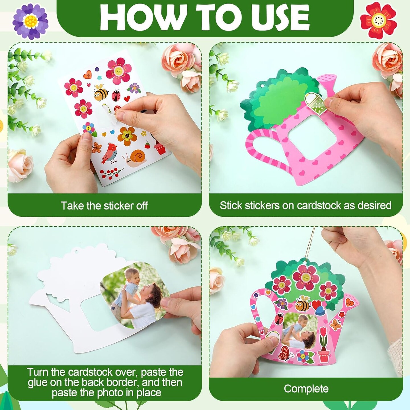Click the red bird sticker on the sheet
point(110,154)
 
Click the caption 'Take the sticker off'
point(104,206)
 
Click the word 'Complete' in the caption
point(306,389)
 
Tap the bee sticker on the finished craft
point(302,304)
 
